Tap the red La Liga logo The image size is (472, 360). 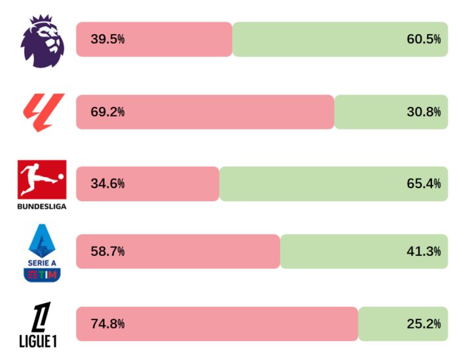pos(43,112)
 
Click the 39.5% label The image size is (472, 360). pos(108,39)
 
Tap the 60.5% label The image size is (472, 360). pos(423,39)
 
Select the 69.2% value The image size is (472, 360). pos(108,112)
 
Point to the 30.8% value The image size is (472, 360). pos(423,112)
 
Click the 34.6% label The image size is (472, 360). pos(108,184)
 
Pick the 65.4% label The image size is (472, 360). pos(423,184)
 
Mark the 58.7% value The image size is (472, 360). pos(108,251)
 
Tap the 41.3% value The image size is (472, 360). pos(423,251)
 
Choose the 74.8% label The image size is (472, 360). pos(108,324)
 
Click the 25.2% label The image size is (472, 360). pos(423,324)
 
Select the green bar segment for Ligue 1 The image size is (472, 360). pos(387,324)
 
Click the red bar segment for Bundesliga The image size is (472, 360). pos(170,184)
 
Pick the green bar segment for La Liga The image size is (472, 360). pos(374,112)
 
